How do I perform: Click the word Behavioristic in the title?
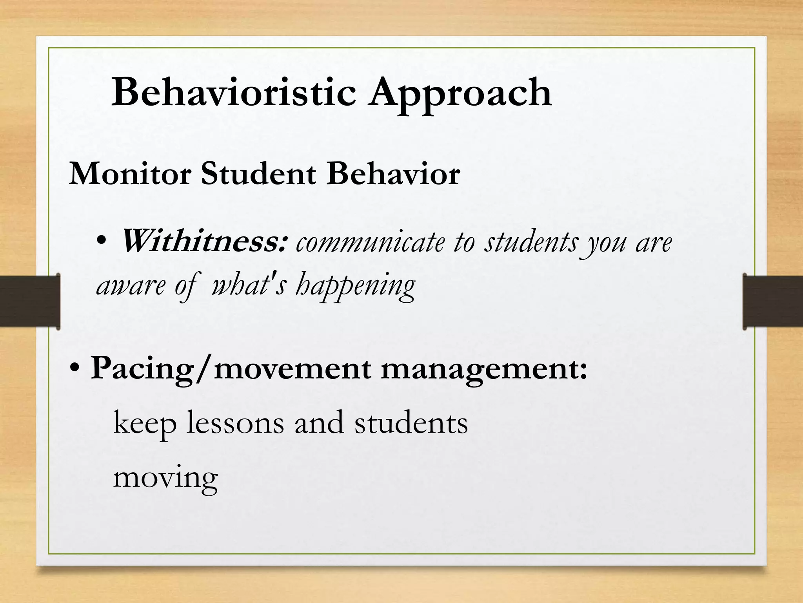point(234,93)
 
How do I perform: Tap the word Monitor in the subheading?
point(130,174)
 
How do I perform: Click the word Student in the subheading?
point(258,174)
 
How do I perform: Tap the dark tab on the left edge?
point(30,301)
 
